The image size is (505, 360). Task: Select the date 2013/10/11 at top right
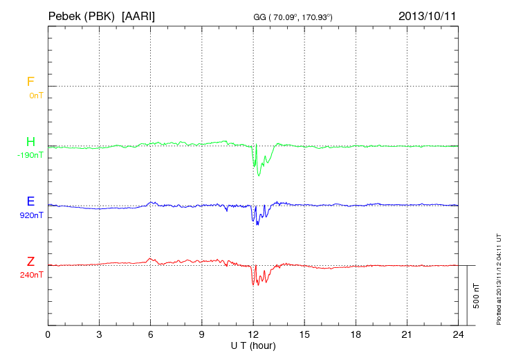click(427, 15)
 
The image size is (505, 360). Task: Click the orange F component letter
click(30, 82)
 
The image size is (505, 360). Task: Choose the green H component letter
click(30, 142)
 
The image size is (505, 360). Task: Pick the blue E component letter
click(30, 201)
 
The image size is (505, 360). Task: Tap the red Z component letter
click(30, 262)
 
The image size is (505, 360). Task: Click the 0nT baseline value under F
click(36, 96)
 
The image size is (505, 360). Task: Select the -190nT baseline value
click(30, 155)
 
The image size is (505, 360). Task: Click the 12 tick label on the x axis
click(253, 334)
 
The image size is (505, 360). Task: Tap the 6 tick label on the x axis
click(151, 334)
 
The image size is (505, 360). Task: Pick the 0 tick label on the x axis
click(48, 334)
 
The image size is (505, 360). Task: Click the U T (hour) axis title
click(253, 344)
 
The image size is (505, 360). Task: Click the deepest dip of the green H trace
click(259, 175)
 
